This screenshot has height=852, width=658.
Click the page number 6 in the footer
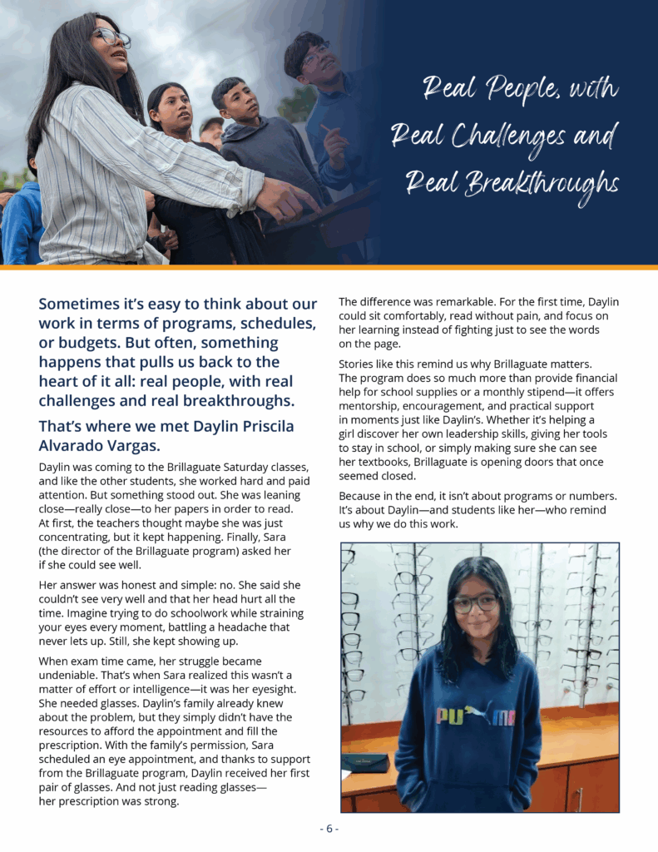point(329,829)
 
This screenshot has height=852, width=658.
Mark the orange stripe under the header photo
point(329,267)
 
